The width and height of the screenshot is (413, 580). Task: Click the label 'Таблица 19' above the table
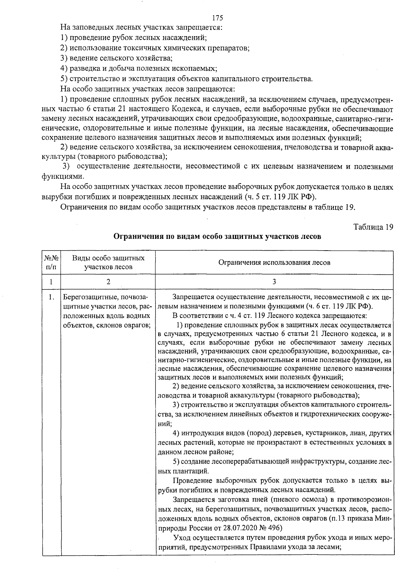coord(373,227)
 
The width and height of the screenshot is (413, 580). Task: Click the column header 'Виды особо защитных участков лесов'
coord(108,262)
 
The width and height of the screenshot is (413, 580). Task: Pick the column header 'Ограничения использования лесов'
coord(274,263)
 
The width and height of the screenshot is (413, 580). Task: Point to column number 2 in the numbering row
coord(108,282)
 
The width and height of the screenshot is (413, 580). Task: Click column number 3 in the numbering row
coord(274,282)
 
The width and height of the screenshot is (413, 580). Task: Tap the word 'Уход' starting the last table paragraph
coord(182,538)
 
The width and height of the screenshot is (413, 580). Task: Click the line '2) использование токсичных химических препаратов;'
coord(155,48)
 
